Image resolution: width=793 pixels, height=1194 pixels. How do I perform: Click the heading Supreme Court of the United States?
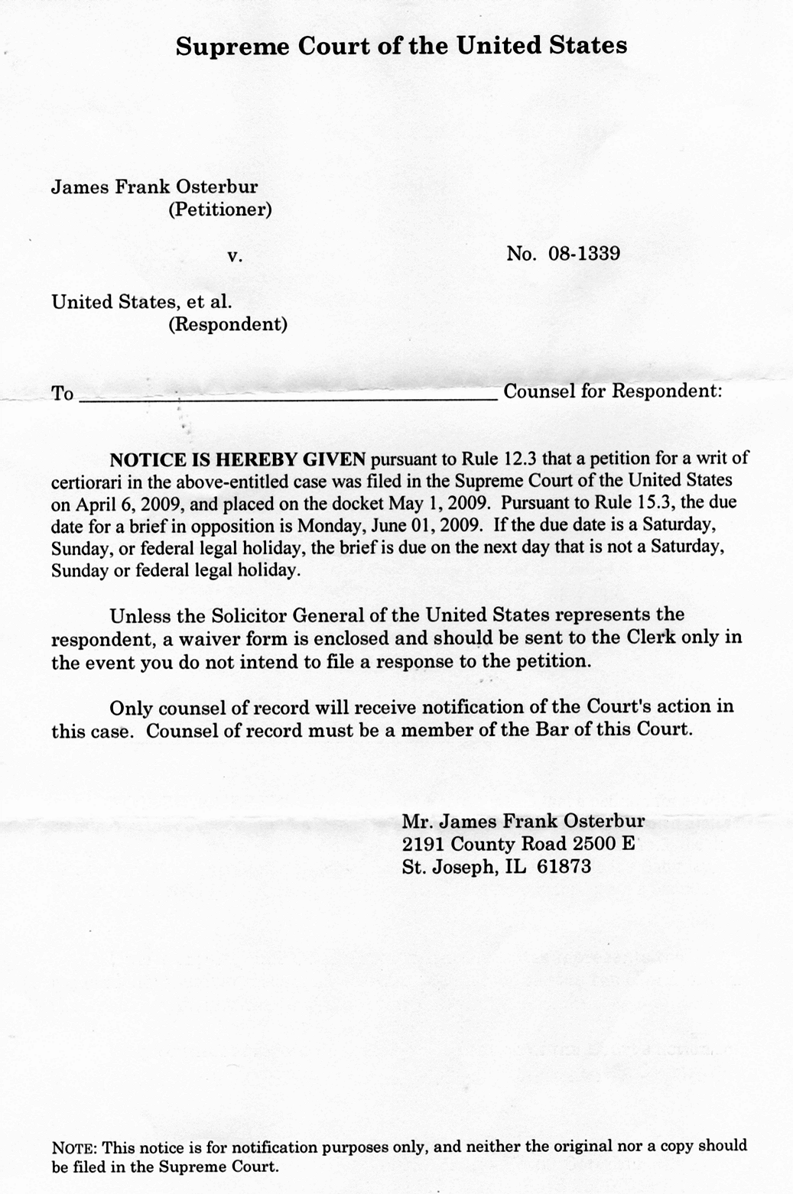pos(401,46)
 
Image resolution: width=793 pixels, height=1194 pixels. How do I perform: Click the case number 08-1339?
pos(584,254)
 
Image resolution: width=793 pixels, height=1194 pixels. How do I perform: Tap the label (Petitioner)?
pos(219,209)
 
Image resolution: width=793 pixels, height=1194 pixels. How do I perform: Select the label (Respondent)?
pos(227,324)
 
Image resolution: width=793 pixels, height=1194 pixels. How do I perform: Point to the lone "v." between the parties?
pos(235,258)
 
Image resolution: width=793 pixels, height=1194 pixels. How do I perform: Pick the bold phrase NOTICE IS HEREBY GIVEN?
pos(239,459)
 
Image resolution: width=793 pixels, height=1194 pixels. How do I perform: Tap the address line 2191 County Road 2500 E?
pos(518,845)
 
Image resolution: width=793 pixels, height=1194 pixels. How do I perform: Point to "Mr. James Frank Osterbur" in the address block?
pos(523,822)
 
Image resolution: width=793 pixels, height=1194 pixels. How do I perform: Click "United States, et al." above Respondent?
pos(141,302)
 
